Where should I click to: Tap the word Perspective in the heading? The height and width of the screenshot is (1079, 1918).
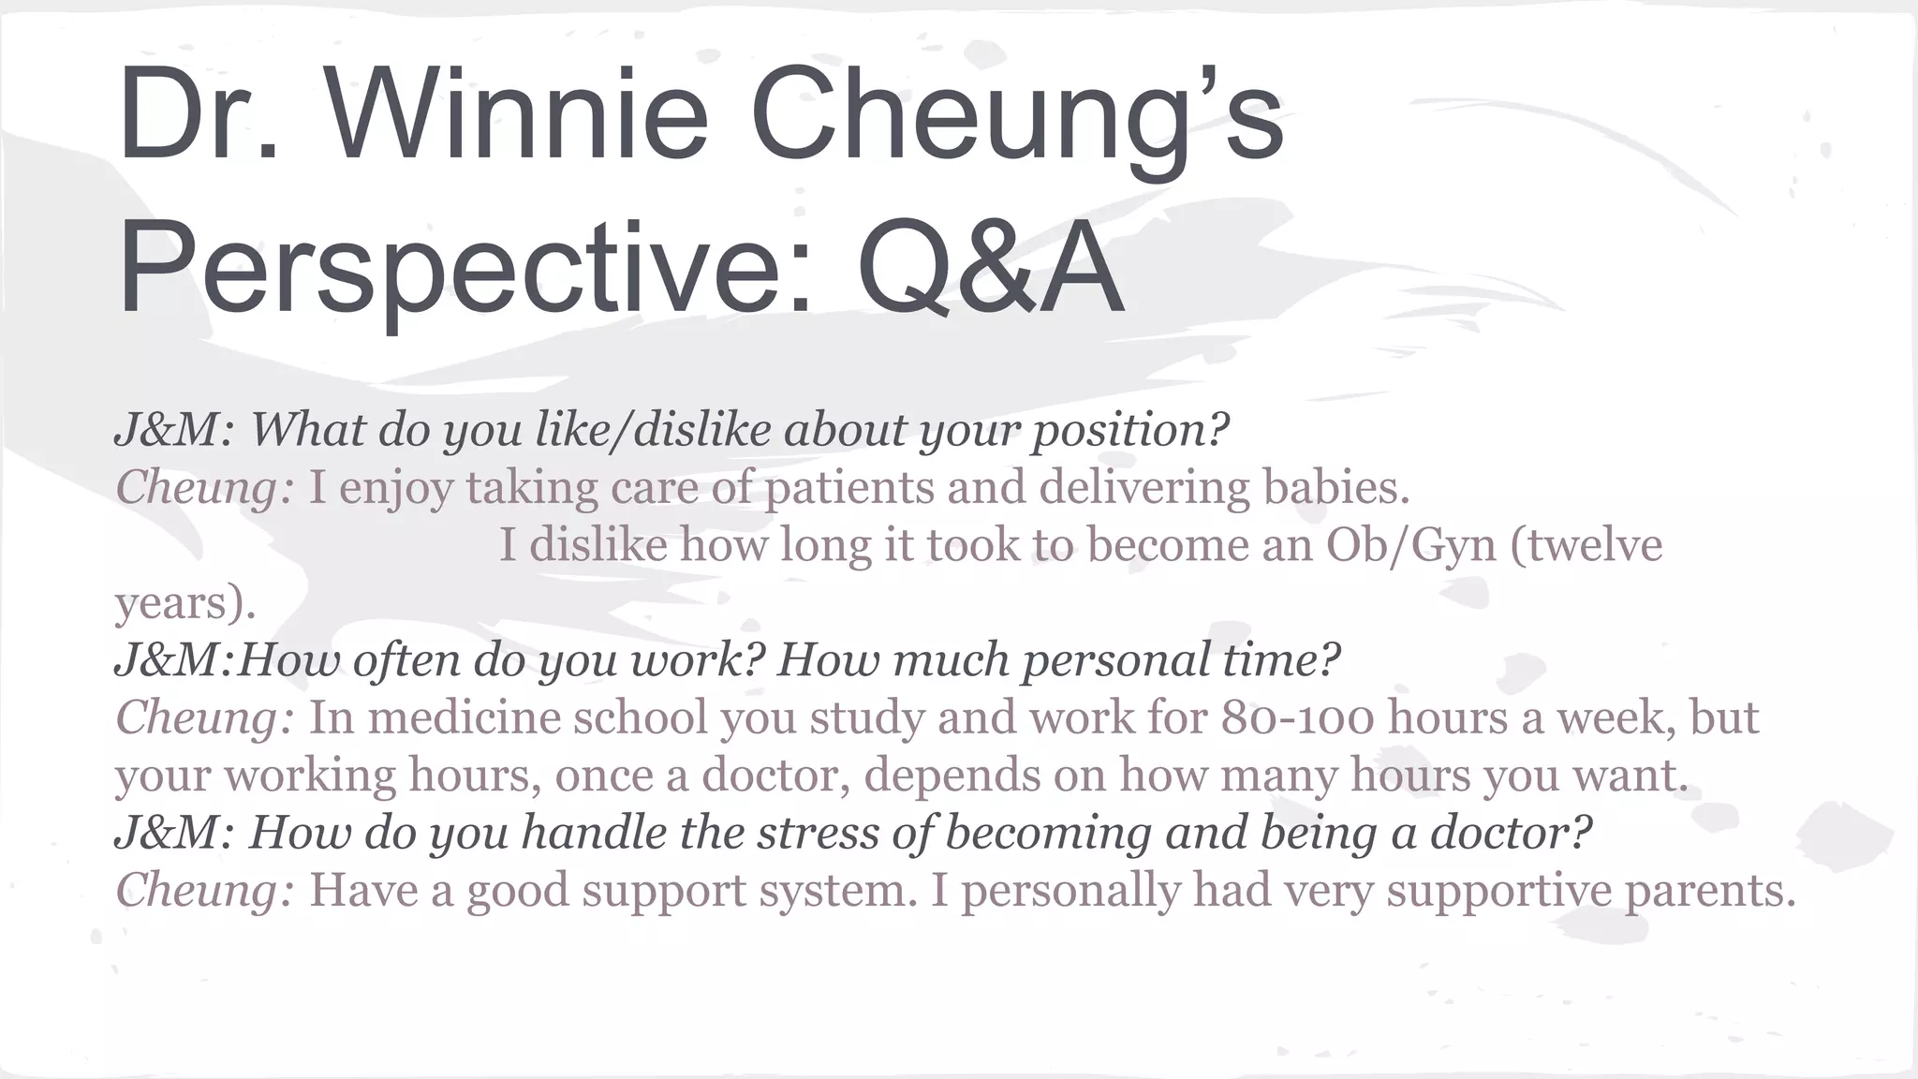450,270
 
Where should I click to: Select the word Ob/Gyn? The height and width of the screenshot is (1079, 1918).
1410,545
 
